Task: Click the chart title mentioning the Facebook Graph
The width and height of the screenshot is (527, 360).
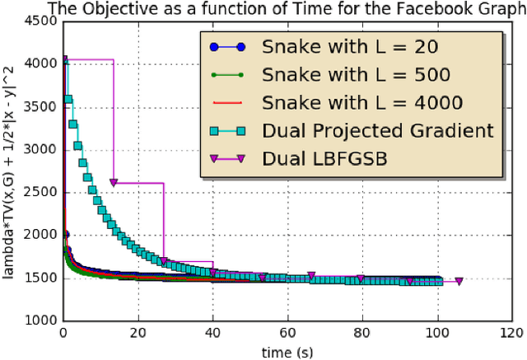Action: coord(286,9)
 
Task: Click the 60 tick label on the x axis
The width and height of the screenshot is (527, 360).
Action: coord(287,334)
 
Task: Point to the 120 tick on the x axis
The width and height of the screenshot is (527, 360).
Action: coord(511,334)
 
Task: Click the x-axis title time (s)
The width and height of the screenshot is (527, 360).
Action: coord(287,352)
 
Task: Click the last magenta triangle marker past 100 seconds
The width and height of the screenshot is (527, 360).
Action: coord(459,281)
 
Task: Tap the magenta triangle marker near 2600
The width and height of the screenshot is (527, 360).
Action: coord(114,183)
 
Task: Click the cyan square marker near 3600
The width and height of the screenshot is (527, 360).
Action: coord(68,100)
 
